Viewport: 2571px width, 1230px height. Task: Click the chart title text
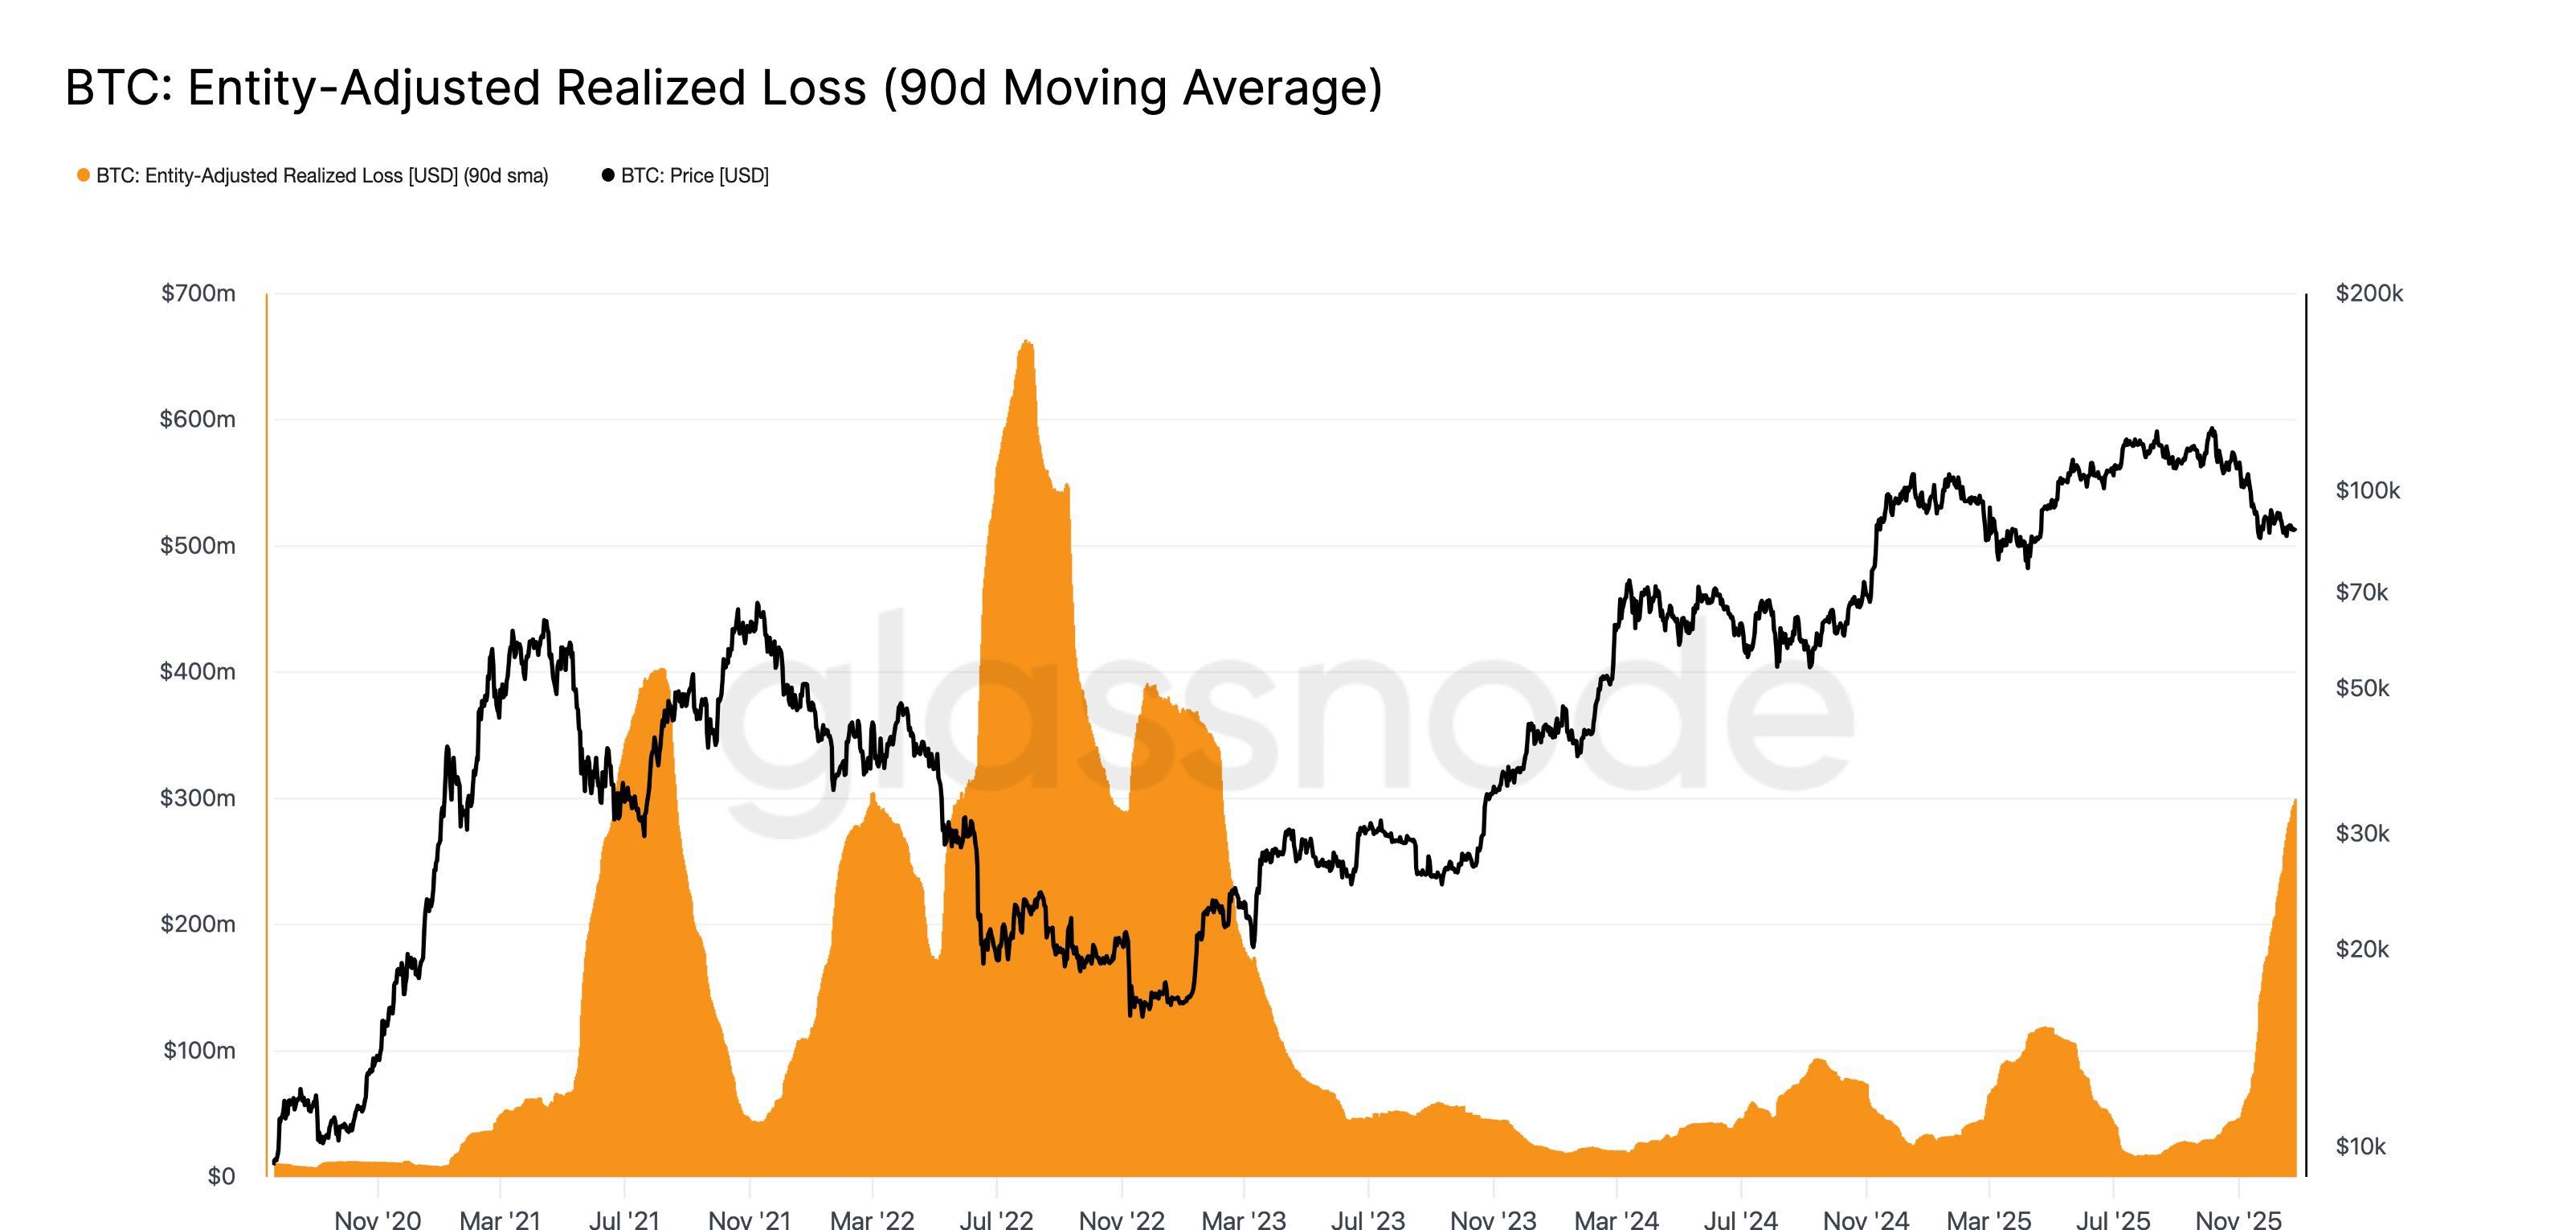(724, 88)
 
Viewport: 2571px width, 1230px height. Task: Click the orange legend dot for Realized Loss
(83, 176)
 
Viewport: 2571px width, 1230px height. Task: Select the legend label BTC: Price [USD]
(695, 176)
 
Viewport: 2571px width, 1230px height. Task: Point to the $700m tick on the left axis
(198, 293)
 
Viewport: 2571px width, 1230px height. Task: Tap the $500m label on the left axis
(198, 546)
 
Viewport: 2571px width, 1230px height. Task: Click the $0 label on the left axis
(221, 1176)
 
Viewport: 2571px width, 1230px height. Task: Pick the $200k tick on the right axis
(2369, 293)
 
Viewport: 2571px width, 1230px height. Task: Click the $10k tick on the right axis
(2360, 1146)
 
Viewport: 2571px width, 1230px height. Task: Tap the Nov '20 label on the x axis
(378, 1219)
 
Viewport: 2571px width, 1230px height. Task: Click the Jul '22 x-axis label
(995, 1219)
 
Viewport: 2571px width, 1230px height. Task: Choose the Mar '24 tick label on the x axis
(1616, 1219)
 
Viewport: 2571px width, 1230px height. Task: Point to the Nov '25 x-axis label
(2238, 1219)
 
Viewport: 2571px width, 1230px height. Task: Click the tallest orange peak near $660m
(1027, 342)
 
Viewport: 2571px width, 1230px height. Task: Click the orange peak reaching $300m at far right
(2295, 801)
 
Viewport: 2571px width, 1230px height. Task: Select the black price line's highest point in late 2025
(2213, 429)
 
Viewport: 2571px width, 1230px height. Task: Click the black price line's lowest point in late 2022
(1130, 1015)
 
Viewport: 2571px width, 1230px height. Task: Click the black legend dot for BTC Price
(608, 176)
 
